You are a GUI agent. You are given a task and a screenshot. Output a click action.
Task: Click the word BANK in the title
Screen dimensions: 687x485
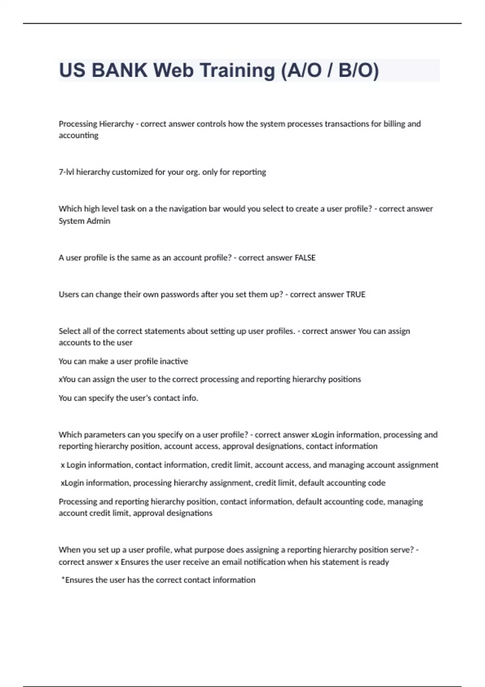point(119,70)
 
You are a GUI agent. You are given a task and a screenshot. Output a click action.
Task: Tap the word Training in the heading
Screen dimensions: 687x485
point(237,70)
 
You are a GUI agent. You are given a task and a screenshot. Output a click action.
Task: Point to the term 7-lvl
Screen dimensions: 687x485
point(67,172)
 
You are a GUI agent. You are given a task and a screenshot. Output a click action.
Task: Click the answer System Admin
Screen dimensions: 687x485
point(84,221)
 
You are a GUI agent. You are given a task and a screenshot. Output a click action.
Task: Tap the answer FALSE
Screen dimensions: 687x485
point(305,258)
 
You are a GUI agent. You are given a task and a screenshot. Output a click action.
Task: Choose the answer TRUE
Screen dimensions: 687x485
point(356,295)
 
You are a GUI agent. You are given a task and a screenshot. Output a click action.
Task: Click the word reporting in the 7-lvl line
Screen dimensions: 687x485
point(249,172)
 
